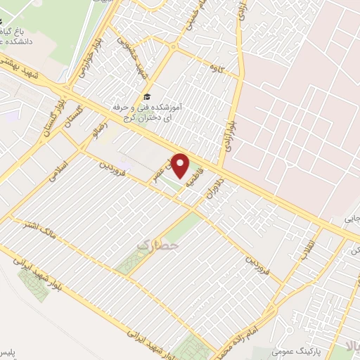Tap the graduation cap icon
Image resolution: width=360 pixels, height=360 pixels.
click(x=146, y=96)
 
